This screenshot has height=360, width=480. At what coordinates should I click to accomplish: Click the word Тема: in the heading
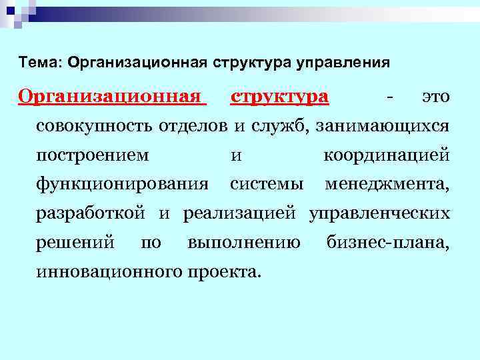click(x=39, y=63)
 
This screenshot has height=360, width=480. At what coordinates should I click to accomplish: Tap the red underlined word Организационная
click(x=111, y=97)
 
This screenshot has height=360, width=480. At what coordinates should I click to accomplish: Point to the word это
click(x=436, y=97)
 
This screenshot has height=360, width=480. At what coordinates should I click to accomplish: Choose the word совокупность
click(x=95, y=126)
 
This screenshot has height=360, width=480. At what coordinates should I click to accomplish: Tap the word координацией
click(x=386, y=156)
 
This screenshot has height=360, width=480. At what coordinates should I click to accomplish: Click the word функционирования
click(x=122, y=183)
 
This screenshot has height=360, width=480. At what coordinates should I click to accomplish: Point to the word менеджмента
click(x=387, y=183)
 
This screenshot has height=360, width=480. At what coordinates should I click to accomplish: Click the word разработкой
click(x=91, y=213)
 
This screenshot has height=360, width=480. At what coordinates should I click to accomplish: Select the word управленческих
click(x=379, y=213)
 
